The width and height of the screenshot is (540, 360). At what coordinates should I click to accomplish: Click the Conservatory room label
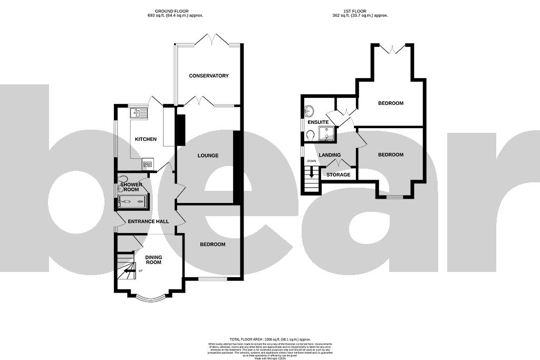point(209,76)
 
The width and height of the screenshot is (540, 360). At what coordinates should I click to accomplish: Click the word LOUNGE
point(208,155)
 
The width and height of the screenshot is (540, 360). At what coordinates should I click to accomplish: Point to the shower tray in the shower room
point(132,201)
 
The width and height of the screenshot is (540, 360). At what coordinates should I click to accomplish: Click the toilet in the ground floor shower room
point(123,179)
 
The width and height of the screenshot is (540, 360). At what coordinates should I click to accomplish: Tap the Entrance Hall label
point(149,221)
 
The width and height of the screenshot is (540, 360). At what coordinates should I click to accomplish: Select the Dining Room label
point(153,260)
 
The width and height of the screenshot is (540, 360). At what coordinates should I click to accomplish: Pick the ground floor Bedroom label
point(213,245)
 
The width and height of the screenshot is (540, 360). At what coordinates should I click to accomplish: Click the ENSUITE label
point(318,122)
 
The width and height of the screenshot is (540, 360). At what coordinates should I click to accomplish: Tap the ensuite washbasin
point(309,111)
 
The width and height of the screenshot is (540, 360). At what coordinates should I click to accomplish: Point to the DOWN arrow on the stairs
point(312,172)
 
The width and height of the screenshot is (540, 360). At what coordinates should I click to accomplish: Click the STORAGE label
point(338,174)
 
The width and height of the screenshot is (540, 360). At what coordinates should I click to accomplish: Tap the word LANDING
point(330,155)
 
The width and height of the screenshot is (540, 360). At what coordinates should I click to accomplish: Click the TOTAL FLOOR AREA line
point(269,339)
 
